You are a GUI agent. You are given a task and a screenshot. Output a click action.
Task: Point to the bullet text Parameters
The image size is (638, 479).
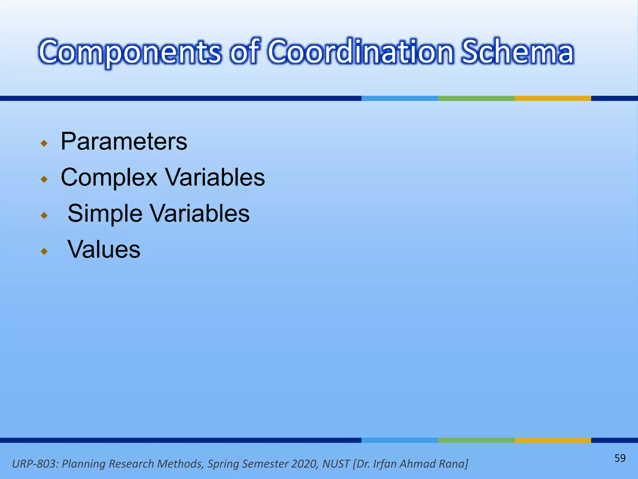coord(124,142)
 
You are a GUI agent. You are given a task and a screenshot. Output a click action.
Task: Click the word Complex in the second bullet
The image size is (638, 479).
coord(109,178)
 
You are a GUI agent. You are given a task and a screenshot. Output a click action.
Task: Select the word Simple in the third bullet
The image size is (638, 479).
coord(105,214)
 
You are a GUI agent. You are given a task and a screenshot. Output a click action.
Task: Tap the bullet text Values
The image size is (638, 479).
coord(104,249)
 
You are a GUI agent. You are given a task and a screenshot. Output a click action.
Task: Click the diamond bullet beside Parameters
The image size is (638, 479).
coord(45,143)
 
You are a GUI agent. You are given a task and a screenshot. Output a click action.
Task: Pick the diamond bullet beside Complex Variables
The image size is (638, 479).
coord(45,179)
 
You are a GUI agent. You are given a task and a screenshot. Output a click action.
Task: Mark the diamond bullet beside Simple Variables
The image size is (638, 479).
coord(45,215)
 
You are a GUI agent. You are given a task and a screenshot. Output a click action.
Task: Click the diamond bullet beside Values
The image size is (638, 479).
coord(45,251)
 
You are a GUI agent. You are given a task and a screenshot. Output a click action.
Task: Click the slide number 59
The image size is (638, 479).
coord(620,458)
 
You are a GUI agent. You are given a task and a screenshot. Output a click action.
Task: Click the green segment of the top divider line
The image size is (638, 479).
coord(476,98)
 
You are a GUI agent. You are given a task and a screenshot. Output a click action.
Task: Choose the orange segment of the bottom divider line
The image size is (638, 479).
coord(553,440)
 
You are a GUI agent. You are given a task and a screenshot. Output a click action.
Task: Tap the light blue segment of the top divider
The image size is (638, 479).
coord(399,98)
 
